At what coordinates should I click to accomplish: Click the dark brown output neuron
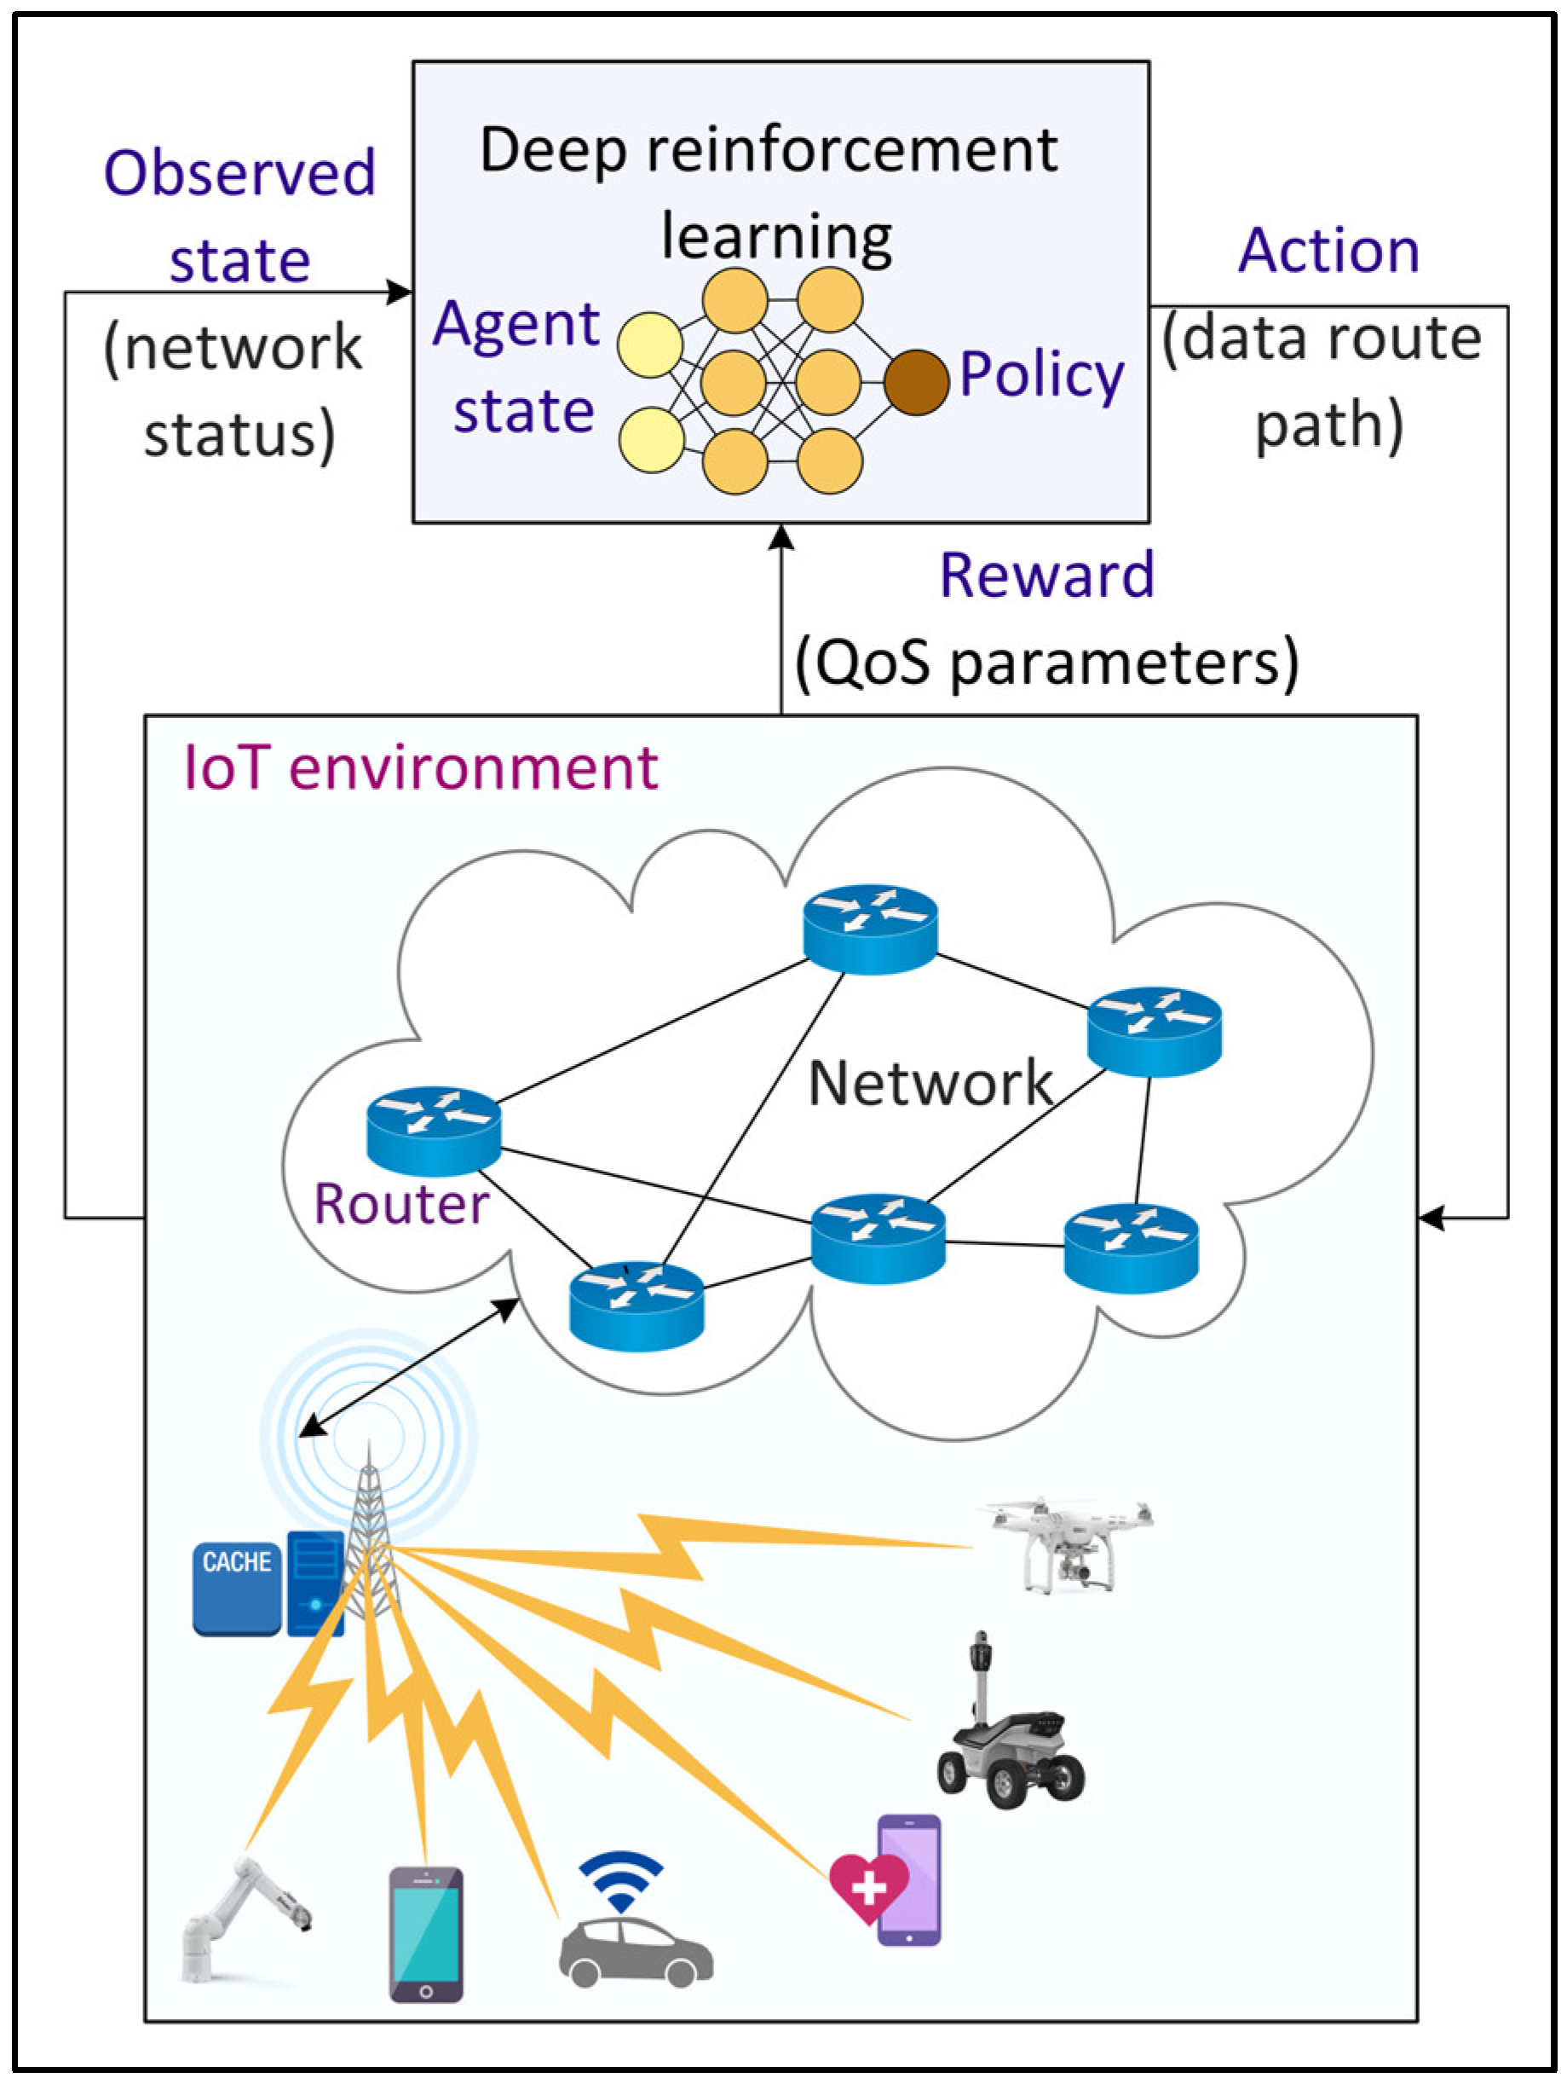915,383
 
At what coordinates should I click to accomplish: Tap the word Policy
1041,375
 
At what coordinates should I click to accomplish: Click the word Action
1328,252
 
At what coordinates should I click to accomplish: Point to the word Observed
239,173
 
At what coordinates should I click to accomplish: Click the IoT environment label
420,767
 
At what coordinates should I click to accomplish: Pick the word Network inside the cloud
930,1084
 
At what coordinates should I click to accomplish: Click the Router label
401,1204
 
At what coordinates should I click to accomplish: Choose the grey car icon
636,1954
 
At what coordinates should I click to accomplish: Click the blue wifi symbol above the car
620,1880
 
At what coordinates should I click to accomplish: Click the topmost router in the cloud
870,928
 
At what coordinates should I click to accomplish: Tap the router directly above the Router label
433,1131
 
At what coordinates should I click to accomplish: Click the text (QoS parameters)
1046,663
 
